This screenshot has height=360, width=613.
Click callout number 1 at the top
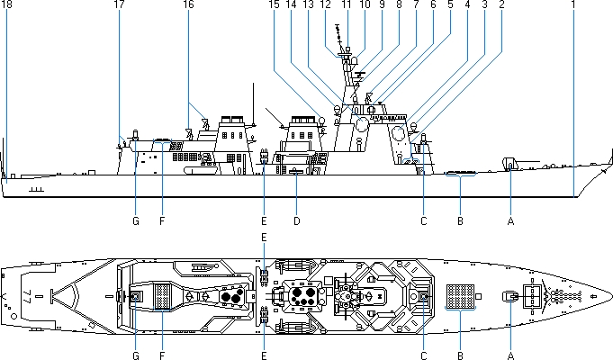coord(572,5)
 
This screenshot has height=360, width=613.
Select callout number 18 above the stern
coord(5,5)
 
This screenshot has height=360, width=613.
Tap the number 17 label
coord(120,5)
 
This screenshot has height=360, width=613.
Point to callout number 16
coord(188,5)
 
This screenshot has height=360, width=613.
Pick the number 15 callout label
coord(273,5)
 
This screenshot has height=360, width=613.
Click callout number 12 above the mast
coord(327,5)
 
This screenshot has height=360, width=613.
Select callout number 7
coord(416,5)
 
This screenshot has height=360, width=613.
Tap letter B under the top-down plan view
coord(460,356)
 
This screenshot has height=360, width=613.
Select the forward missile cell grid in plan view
coord(460,297)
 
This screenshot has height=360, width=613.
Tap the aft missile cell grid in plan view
coord(163,295)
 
